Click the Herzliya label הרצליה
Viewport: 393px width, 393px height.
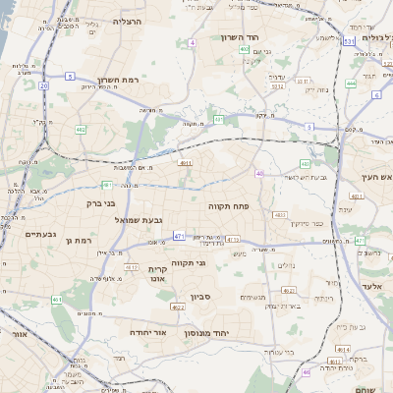[128, 21]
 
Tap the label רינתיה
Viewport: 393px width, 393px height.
[323, 297]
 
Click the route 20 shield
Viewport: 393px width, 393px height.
[44, 85]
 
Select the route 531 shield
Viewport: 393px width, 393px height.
[349, 42]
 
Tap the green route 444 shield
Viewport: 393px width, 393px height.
[351, 84]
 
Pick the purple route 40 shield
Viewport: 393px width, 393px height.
[259, 172]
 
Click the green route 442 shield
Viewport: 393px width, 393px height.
[81, 129]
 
